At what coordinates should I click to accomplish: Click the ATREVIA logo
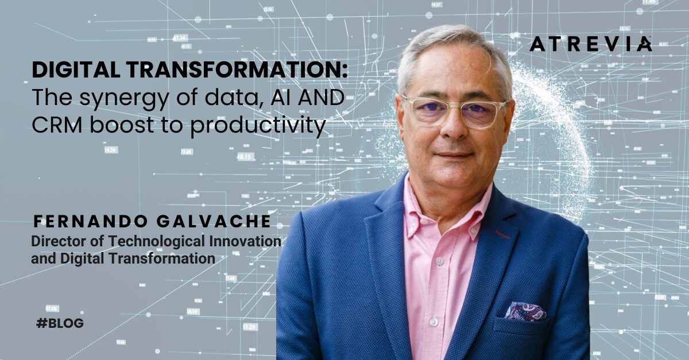(x=591, y=44)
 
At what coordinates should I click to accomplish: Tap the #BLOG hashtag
(x=60, y=323)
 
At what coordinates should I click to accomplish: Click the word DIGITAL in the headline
(x=76, y=70)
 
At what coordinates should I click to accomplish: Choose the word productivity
(x=258, y=126)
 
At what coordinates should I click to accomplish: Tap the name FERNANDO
(x=90, y=222)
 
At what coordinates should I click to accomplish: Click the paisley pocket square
(x=525, y=311)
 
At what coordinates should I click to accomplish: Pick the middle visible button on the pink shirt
(x=440, y=261)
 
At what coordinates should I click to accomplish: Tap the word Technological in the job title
(x=156, y=242)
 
